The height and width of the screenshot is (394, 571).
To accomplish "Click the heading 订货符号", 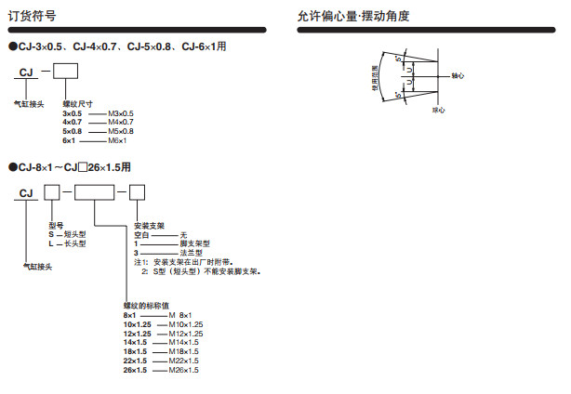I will click(33, 16).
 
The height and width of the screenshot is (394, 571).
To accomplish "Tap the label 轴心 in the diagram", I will click(456, 74).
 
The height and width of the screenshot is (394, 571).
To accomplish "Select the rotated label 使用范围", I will click(376, 80).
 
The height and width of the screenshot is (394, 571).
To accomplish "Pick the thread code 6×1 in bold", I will click(68, 140).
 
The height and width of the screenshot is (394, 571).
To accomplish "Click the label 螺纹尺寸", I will click(77, 103).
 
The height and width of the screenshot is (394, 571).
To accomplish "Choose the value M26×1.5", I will click(185, 370).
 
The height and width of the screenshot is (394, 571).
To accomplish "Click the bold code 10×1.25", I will click(137, 324).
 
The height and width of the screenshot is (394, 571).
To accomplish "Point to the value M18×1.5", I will click(185, 351).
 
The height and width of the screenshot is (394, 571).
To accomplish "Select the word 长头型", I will click(74, 243).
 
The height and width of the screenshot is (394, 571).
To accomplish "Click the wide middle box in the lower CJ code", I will click(95, 193).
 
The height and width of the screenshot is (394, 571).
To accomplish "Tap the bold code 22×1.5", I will click(135, 361).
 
